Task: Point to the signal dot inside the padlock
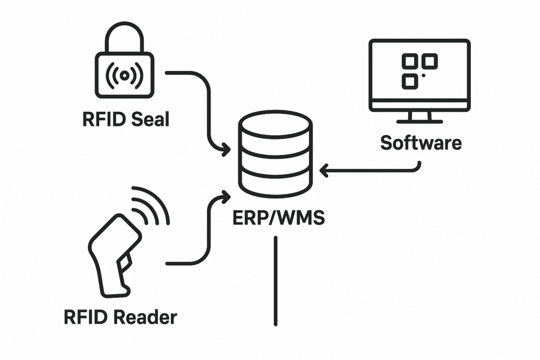click(x=124, y=75)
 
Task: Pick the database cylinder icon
click(x=275, y=153)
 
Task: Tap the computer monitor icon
click(x=419, y=79)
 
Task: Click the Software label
click(x=421, y=143)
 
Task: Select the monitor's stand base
click(x=420, y=121)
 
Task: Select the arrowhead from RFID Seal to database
click(x=226, y=150)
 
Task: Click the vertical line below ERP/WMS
click(x=275, y=280)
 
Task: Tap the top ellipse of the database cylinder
click(x=275, y=124)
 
